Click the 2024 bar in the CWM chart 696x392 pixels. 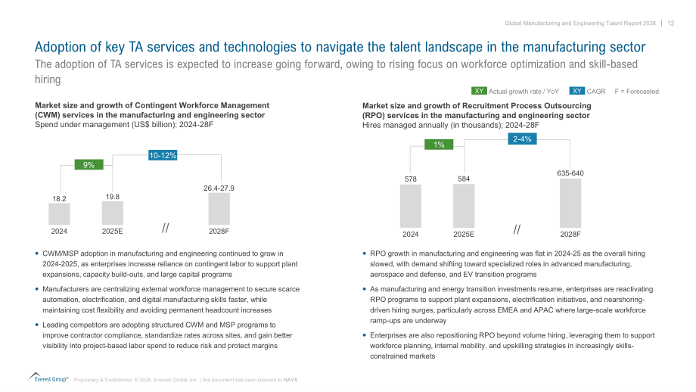point(59,214)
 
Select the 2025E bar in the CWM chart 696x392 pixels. point(112,213)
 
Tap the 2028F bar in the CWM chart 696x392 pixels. point(219,209)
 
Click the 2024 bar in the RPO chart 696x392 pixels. point(411,206)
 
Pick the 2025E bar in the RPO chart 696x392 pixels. point(464,206)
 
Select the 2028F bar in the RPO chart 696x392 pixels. point(570,204)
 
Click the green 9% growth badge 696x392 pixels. point(89,165)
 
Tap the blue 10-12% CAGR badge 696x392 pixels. point(163,155)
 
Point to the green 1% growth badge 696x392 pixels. point(439,145)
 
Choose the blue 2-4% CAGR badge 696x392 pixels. point(522,139)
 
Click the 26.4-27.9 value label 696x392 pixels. point(219,188)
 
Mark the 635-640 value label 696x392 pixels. point(570,173)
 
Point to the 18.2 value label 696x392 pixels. point(59,198)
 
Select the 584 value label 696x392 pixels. point(464,179)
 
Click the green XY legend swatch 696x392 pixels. point(479,91)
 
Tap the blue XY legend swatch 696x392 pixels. point(577,91)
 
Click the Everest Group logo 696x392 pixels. point(48,378)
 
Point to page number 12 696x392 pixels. point(671,23)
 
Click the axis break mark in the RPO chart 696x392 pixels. point(517,229)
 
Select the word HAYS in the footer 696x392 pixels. point(291,380)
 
